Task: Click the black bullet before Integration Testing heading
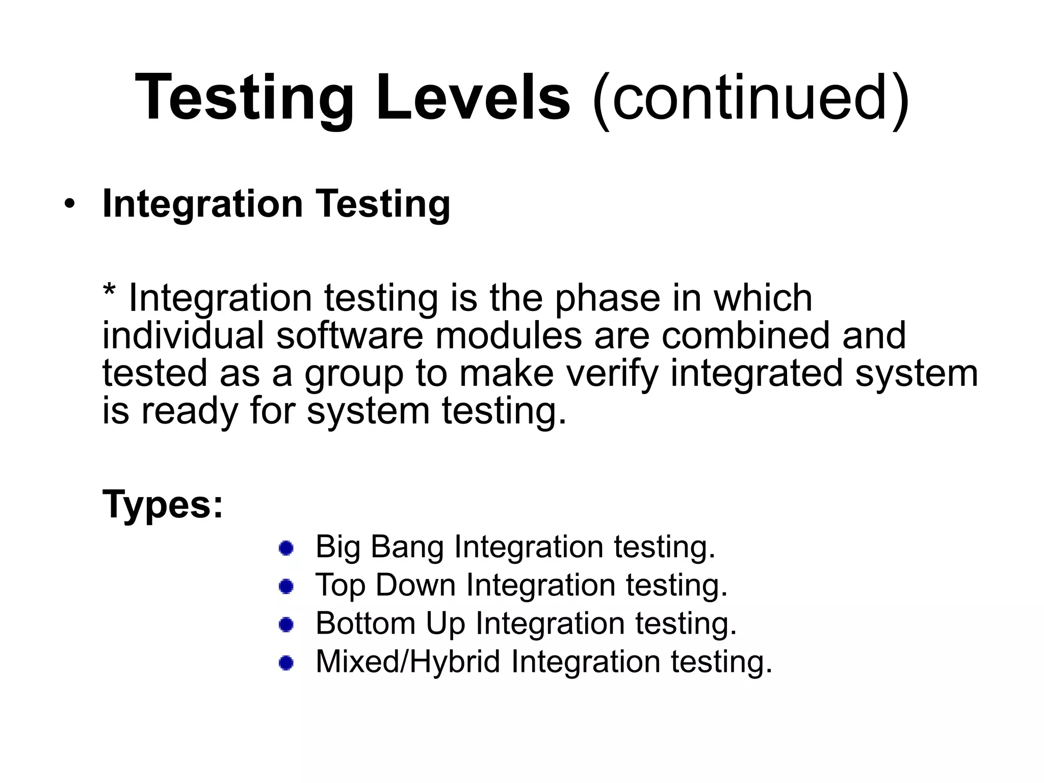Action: coord(69,205)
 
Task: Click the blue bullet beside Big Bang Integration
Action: coord(286,549)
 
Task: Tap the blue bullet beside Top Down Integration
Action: coord(286,586)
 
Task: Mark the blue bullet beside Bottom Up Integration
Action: coord(286,624)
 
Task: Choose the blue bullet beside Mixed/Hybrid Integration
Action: coord(286,663)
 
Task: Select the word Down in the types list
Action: coord(415,585)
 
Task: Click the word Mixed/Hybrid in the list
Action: coord(408,662)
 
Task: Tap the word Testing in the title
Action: coord(245,98)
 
